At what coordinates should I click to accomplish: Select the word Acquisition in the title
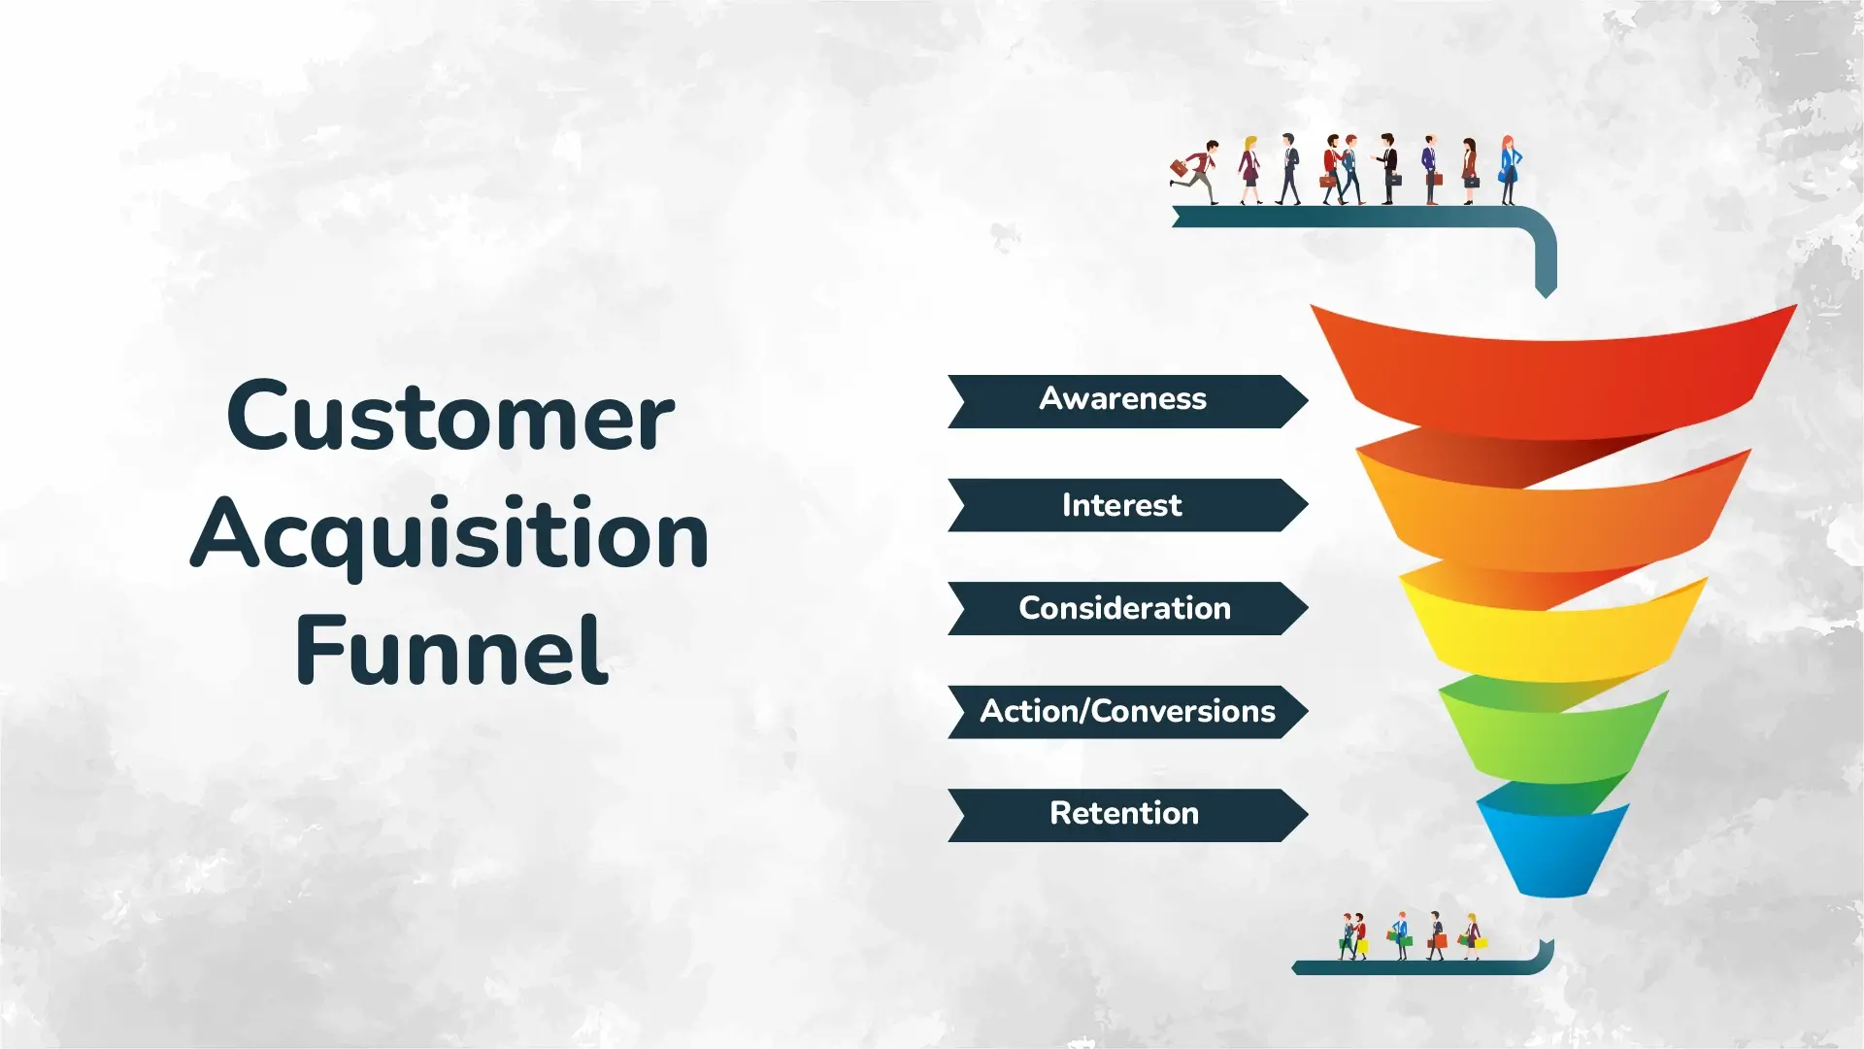449,534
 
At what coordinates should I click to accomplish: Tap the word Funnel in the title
451,651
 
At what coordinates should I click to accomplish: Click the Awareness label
1123,399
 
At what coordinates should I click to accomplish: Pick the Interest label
1122,505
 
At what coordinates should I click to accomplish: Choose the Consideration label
1124,608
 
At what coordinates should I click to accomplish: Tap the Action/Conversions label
1127,711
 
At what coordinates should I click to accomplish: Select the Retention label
1124,813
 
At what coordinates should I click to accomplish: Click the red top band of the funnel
1553,379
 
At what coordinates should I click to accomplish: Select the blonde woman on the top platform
1249,170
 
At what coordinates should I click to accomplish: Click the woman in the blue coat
1509,170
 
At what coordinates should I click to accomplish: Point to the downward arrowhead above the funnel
1546,288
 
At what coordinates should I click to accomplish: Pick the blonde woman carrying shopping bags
1473,936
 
